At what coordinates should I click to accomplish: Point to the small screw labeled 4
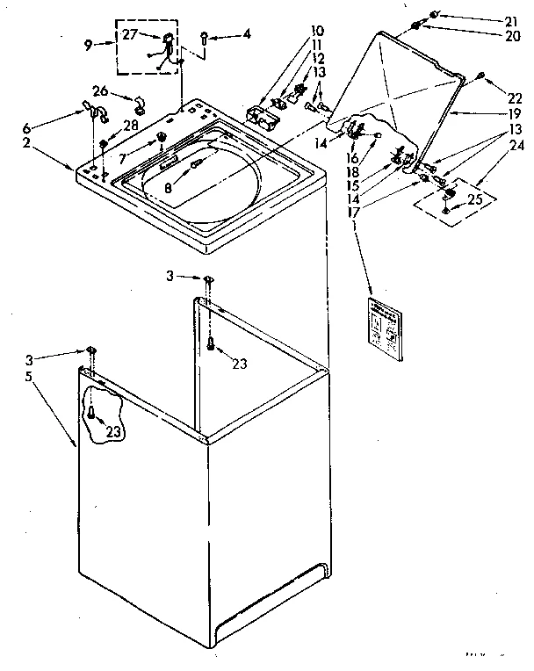tap(204, 38)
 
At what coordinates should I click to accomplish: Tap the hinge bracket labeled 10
tap(259, 115)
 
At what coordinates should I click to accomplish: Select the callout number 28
tap(131, 126)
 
